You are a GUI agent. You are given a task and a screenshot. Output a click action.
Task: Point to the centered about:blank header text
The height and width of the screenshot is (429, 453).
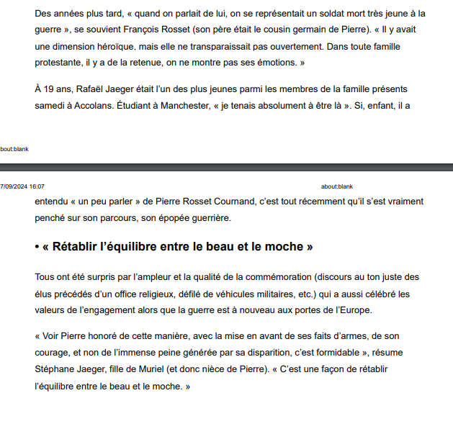tap(336, 186)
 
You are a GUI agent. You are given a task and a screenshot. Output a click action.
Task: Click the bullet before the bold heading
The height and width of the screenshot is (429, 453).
tap(37, 247)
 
